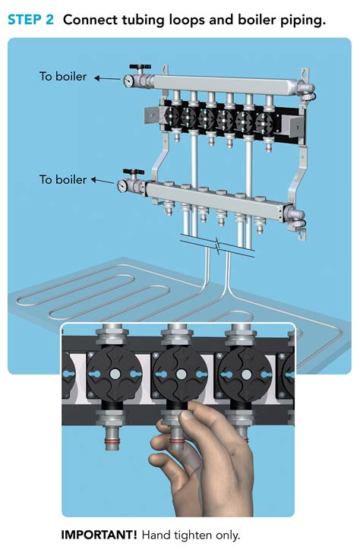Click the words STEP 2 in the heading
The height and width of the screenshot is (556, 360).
30,20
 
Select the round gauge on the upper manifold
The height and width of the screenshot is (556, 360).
131,79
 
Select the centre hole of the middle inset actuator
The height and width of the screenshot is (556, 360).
181,374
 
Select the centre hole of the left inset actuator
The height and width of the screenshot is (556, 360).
114,374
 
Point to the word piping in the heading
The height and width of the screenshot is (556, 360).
301,20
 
